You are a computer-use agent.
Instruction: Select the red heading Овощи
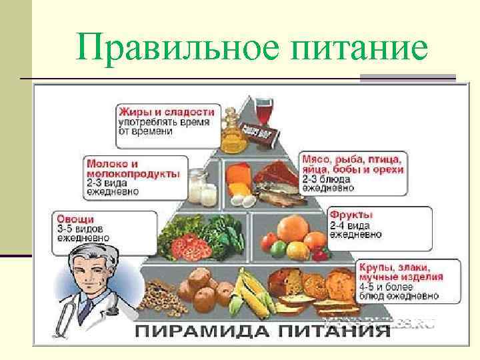click(x=75, y=218)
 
